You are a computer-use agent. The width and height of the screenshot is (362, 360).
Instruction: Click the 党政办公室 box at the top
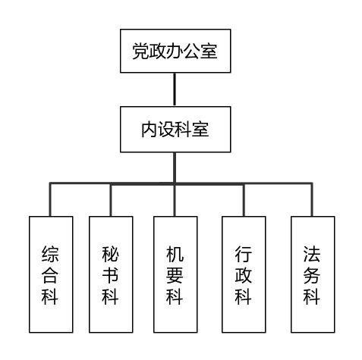click(175, 51)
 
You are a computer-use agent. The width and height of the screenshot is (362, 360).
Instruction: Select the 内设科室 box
click(175, 130)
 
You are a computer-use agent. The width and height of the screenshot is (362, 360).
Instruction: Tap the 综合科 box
click(51, 274)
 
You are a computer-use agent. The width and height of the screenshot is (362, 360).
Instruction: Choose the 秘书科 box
click(111, 274)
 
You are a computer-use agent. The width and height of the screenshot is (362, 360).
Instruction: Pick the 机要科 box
click(175, 274)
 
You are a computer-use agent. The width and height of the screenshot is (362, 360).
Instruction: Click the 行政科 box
click(244, 274)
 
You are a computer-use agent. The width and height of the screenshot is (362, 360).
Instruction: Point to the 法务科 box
click(313, 274)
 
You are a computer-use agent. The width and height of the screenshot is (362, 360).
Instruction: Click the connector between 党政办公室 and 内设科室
click(175, 89)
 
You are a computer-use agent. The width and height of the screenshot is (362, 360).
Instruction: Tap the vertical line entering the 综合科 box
click(50, 199)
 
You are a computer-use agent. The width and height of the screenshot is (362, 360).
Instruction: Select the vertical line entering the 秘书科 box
click(111, 199)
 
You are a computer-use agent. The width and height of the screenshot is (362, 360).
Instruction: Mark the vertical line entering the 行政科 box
click(244, 199)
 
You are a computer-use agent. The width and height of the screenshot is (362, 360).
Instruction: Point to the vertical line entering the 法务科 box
click(312, 199)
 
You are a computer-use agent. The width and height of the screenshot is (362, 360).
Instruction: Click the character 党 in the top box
click(141, 52)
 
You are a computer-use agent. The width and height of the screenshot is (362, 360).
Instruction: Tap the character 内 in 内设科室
click(150, 130)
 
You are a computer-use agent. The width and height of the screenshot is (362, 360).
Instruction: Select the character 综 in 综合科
click(50, 254)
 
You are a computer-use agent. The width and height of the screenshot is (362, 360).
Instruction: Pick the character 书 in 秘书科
click(110, 275)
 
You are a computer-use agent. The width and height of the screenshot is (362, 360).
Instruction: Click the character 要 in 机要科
click(175, 275)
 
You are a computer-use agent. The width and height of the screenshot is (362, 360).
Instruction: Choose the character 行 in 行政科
click(243, 254)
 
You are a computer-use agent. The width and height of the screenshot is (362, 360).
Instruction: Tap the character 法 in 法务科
click(312, 254)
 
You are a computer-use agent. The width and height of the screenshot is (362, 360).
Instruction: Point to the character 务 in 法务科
click(312, 275)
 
